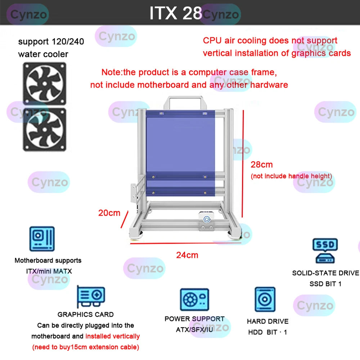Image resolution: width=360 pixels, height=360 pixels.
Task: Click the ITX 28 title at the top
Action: point(176,13)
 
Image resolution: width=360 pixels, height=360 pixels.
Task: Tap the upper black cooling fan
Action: point(45,84)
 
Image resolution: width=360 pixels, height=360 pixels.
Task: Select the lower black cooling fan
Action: point(45,129)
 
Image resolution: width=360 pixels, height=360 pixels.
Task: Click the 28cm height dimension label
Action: point(262,165)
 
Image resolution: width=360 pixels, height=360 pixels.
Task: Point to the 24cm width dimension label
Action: point(187,255)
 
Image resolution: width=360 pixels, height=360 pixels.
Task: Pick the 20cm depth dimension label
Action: point(109,213)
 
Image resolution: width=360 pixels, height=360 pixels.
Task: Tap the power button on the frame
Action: point(207,219)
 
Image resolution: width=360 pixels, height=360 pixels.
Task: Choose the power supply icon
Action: point(194,300)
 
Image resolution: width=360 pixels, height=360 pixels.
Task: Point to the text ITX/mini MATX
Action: point(49,271)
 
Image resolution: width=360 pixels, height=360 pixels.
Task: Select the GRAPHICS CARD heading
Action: point(86,315)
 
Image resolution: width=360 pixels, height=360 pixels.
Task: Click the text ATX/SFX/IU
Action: point(194,329)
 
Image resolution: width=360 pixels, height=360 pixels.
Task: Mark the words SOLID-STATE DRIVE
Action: point(325,273)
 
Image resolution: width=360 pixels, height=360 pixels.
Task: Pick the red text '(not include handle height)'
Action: point(291,176)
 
